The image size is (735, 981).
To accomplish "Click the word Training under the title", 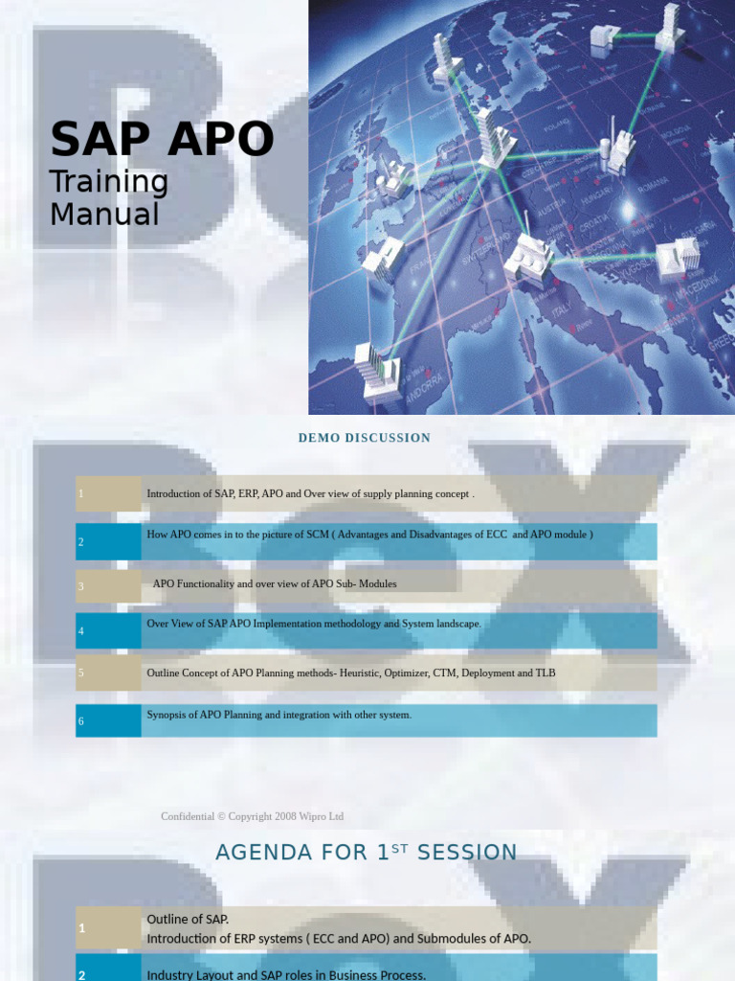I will pos(109,181).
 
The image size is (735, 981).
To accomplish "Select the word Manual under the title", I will pos(104,214).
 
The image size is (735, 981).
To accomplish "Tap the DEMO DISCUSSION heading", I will pos(365,438).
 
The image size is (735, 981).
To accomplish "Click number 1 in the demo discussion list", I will pos(81,494).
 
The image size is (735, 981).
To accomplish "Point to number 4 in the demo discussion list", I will pos(81,631).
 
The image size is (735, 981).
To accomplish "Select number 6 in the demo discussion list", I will pos(81,720).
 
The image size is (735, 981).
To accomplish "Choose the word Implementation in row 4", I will pos(294,624).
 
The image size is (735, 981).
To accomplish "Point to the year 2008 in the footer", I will pos(285,816).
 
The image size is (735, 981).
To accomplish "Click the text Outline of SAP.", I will pos(188,920).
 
